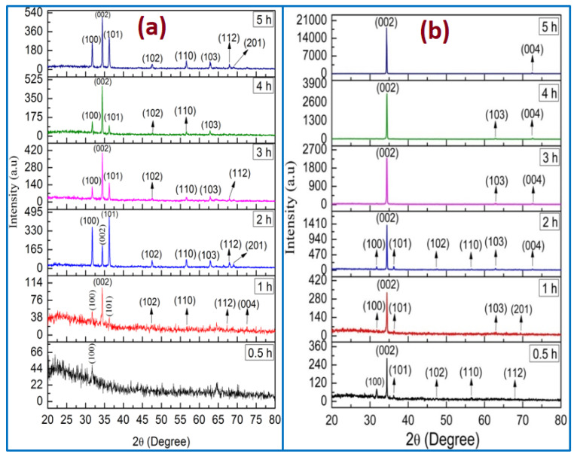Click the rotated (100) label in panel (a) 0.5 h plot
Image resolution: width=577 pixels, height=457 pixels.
coord(92,355)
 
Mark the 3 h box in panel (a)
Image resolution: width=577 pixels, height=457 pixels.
coord(261,151)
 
